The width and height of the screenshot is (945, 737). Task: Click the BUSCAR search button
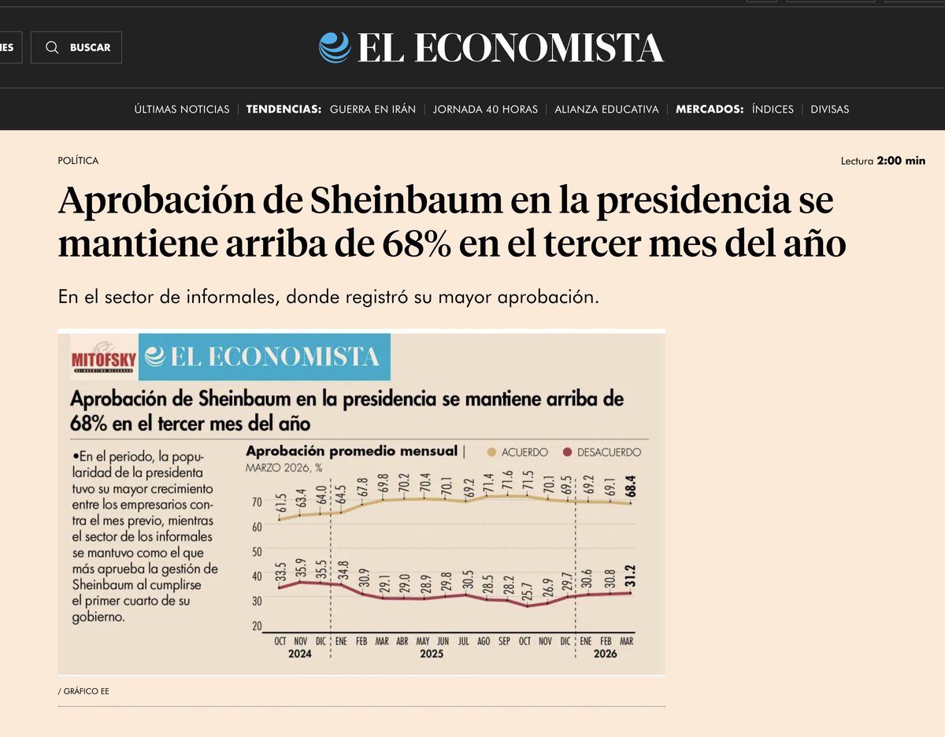76,47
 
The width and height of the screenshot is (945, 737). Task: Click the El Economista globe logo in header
335,47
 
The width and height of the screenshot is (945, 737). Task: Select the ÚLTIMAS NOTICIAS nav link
182,109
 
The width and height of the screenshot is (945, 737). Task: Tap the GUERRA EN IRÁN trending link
372,109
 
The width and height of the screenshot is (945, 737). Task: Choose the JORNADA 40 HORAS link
485,109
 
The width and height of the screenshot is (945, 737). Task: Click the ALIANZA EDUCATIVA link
606,109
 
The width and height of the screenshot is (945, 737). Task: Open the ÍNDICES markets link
773,109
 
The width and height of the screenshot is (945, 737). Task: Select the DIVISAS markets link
830,109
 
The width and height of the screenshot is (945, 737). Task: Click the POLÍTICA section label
78,161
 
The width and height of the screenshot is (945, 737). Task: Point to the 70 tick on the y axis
256,502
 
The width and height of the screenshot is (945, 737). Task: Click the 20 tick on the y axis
256,626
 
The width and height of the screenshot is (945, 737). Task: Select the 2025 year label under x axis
432,654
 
